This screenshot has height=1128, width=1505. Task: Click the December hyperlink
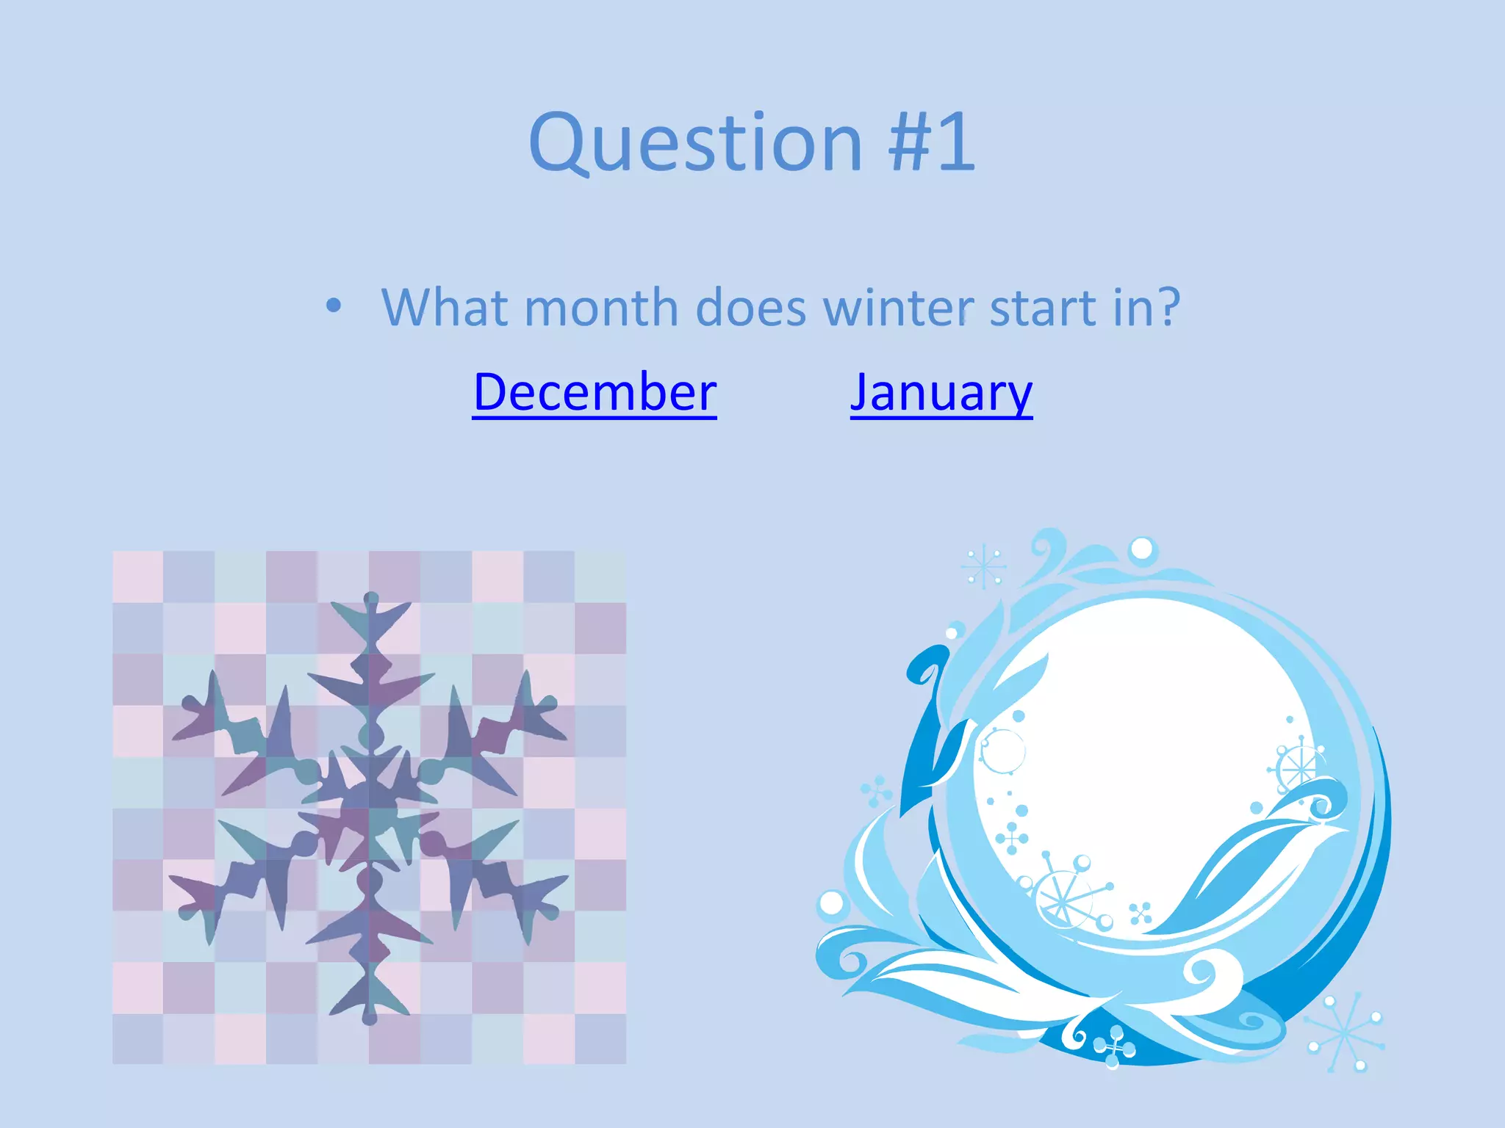(595, 392)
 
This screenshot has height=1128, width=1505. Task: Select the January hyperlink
(941, 392)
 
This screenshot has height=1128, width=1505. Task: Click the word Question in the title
(695, 142)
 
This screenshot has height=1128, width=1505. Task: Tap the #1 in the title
(931, 142)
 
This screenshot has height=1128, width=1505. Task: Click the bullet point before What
(334, 305)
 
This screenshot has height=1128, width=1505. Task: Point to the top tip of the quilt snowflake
(371, 598)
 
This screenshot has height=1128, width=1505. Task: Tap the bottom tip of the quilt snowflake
(370, 1019)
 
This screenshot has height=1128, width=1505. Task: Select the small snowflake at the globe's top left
(983, 567)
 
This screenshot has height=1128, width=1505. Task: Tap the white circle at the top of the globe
(1142, 549)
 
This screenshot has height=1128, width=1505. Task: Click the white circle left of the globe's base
(831, 903)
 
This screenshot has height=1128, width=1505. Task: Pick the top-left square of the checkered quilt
(137, 576)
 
